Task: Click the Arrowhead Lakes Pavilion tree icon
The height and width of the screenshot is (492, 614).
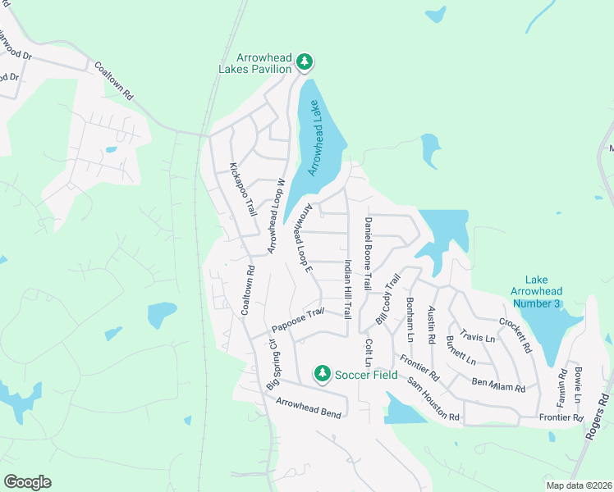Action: (305, 61)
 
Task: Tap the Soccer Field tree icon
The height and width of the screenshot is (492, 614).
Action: (323, 374)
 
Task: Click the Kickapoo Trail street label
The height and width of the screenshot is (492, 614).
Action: (244, 189)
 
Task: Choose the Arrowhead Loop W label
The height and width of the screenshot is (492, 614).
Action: (274, 215)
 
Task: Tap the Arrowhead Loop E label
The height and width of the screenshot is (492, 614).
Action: (301, 238)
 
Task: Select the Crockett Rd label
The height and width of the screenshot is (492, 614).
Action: (515, 335)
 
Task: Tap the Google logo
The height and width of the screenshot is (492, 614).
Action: (28, 481)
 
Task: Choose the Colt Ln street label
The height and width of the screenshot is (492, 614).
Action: (369, 353)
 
